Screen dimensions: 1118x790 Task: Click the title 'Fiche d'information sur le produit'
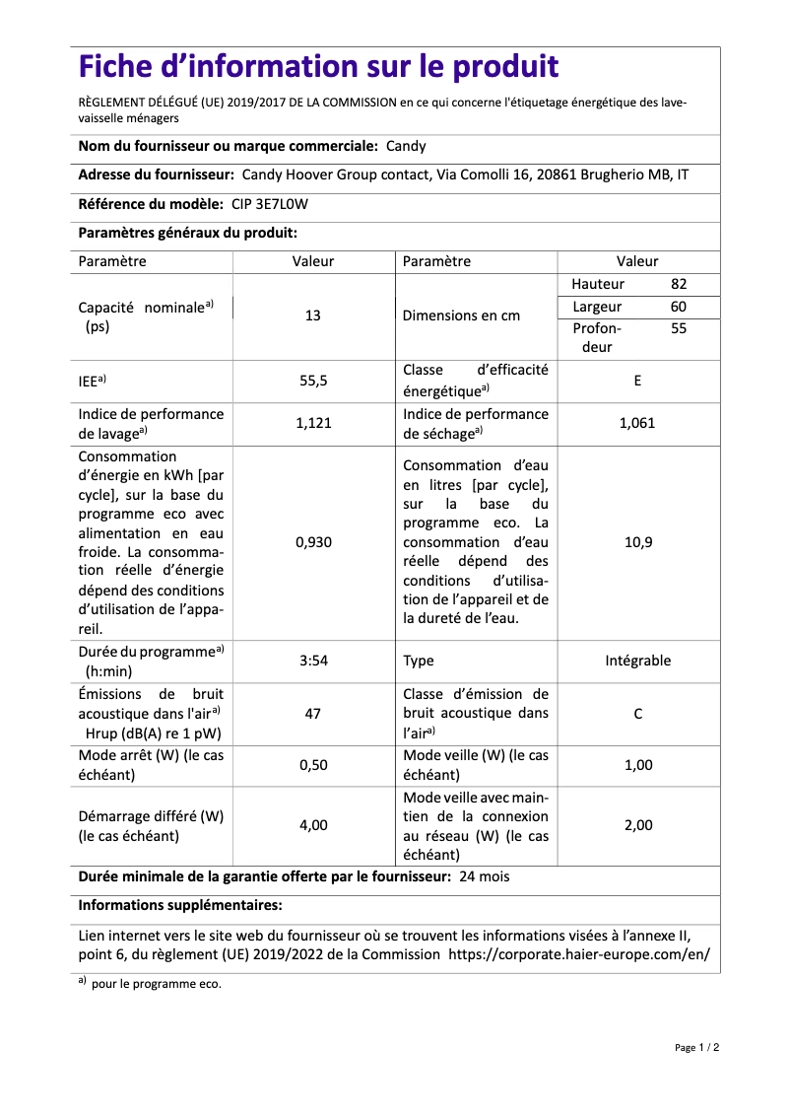318,67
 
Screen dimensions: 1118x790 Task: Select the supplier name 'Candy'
406,146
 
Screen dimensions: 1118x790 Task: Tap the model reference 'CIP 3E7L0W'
269,204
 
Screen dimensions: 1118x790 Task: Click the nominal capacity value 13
313,315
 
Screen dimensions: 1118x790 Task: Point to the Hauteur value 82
679,284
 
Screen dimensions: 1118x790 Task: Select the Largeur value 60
679,307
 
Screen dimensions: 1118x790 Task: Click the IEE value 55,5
313,380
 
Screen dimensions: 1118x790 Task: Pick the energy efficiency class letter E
637,380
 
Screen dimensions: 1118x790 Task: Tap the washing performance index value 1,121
313,423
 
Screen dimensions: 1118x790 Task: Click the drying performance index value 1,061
637,423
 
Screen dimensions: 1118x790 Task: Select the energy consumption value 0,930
313,542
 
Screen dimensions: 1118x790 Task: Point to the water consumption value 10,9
637,542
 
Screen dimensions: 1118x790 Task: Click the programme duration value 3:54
313,661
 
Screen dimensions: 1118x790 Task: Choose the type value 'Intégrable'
637,661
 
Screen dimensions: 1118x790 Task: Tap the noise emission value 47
313,713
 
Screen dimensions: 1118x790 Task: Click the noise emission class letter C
637,713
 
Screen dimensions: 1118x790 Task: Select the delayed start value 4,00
313,825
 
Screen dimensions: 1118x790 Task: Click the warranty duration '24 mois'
484,875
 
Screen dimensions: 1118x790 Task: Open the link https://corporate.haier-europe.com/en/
578,954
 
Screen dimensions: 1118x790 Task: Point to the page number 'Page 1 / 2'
696,1047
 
